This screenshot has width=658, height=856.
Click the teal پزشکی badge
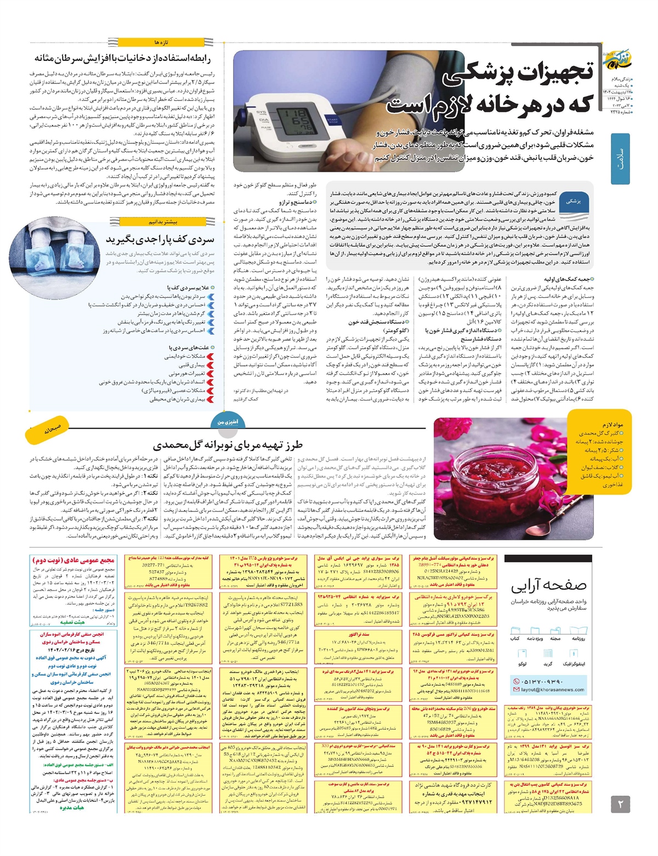click(x=574, y=201)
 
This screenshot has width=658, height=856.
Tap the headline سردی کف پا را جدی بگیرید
click(x=160, y=239)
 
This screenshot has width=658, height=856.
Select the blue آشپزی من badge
click(x=228, y=422)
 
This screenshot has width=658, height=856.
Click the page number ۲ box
click(x=621, y=804)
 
